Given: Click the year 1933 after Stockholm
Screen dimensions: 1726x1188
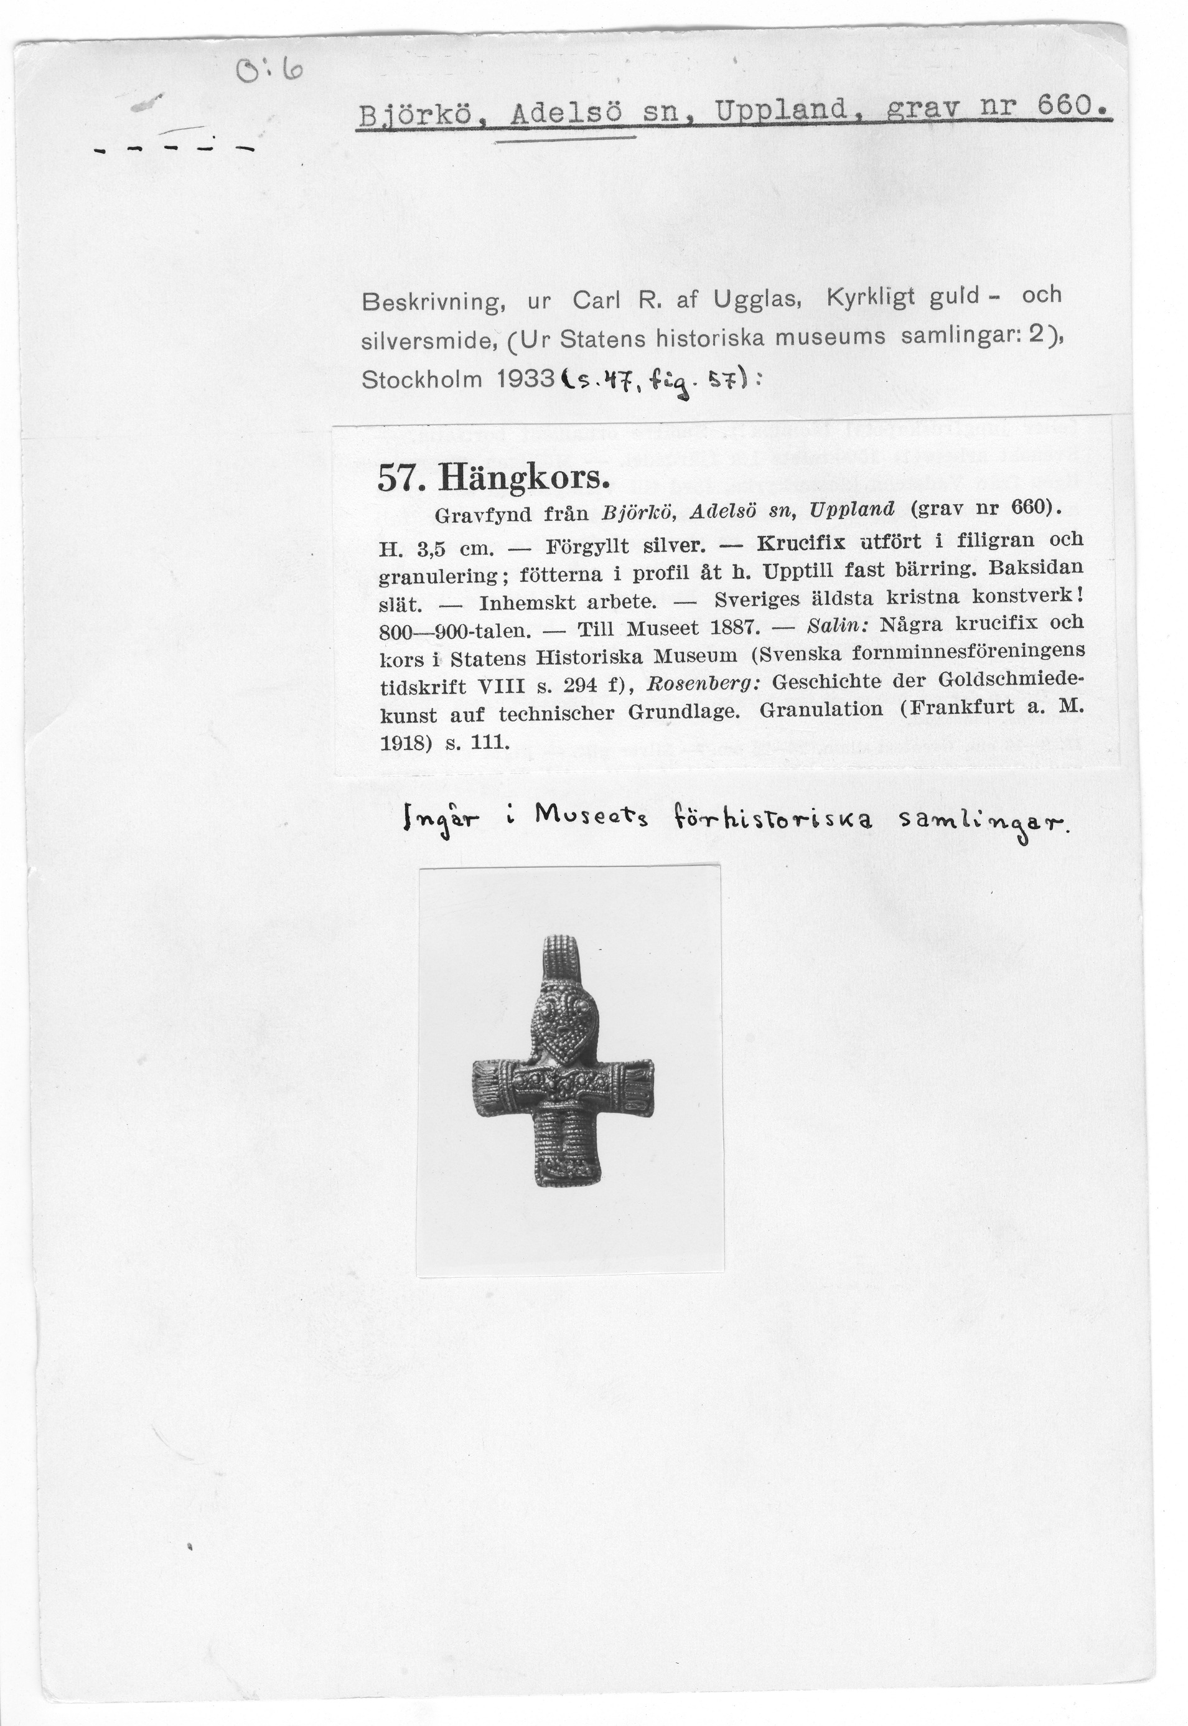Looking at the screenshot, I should click(524, 380).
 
